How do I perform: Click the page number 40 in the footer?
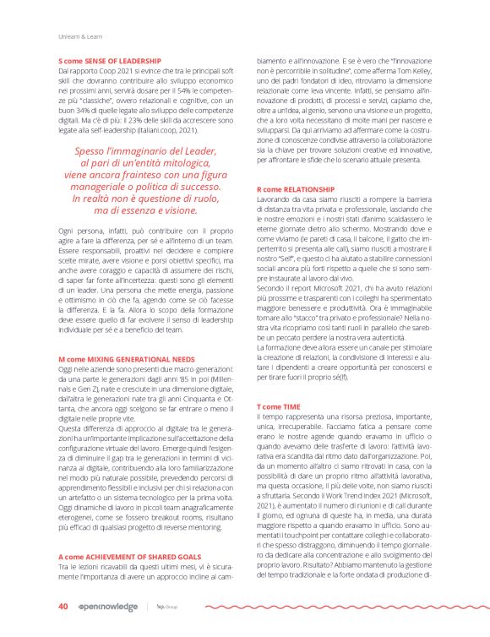(63, 606)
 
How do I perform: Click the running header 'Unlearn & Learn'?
(79, 35)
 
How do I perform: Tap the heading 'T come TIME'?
(278, 406)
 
